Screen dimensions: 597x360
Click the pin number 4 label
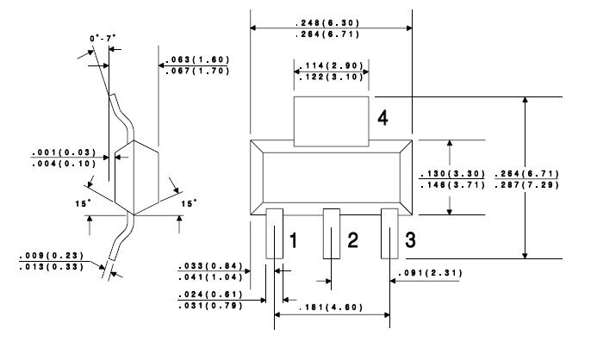[382, 118]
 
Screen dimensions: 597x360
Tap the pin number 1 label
[293, 240]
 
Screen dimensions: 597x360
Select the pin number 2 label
[352, 240]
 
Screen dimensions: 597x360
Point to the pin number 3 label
[410, 240]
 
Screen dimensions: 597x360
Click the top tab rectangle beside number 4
[332, 121]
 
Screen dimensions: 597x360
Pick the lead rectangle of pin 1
[274, 233]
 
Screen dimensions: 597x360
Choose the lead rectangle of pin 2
[332, 233]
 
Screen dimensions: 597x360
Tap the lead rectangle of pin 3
[389, 233]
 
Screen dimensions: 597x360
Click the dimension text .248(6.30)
[327, 23]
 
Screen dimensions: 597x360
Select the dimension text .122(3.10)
[332, 78]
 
